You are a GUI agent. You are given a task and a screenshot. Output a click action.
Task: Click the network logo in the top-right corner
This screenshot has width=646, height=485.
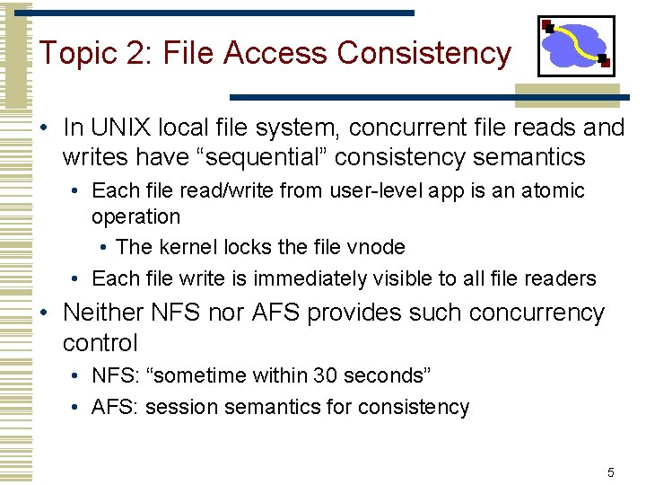click(576, 46)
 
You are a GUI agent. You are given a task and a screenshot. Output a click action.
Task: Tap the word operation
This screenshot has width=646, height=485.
click(135, 216)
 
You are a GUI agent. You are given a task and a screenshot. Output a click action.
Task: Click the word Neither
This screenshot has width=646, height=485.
click(103, 313)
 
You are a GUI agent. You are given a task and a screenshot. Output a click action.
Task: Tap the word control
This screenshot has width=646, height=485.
click(100, 342)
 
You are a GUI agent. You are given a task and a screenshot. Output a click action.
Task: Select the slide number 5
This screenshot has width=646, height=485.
click(610, 472)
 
